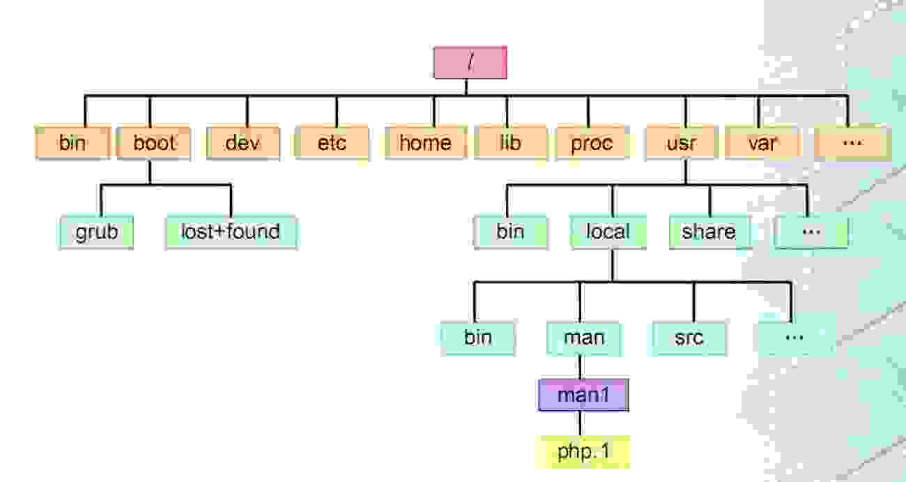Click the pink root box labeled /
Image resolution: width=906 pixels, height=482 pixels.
click(x=470, y=62)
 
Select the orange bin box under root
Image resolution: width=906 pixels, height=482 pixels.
click(x=72, y=143)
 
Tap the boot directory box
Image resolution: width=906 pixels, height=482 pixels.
click(x=154, y=143)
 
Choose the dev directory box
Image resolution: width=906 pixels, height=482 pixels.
click(x=243, y=143)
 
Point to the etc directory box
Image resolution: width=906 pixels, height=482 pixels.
click(x=332, y=143)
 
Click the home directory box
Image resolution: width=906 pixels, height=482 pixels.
click(x=424, y=143)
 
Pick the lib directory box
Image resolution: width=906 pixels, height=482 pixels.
click(x=510, y=143)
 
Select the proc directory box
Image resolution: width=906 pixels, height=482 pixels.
click(x=592, y=143)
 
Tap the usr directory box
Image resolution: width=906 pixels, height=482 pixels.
click(x=682, y=143)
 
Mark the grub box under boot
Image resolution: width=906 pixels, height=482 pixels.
click(x=96, y=232)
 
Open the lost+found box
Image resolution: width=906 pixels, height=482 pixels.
click(x=231, y=232)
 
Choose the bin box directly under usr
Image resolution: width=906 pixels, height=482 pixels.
click(x=511, y=232)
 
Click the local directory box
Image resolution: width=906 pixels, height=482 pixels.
click(x=608, y=232)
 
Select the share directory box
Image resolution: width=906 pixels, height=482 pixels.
click(x=709, y=232)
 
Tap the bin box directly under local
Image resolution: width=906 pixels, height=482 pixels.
click(x=478, y=338)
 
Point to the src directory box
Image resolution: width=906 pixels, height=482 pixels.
click(x=689, y=338)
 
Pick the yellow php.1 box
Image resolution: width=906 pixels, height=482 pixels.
click(x=584, y=451)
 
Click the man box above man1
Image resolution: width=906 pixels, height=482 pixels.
click(x=584, y=338)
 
